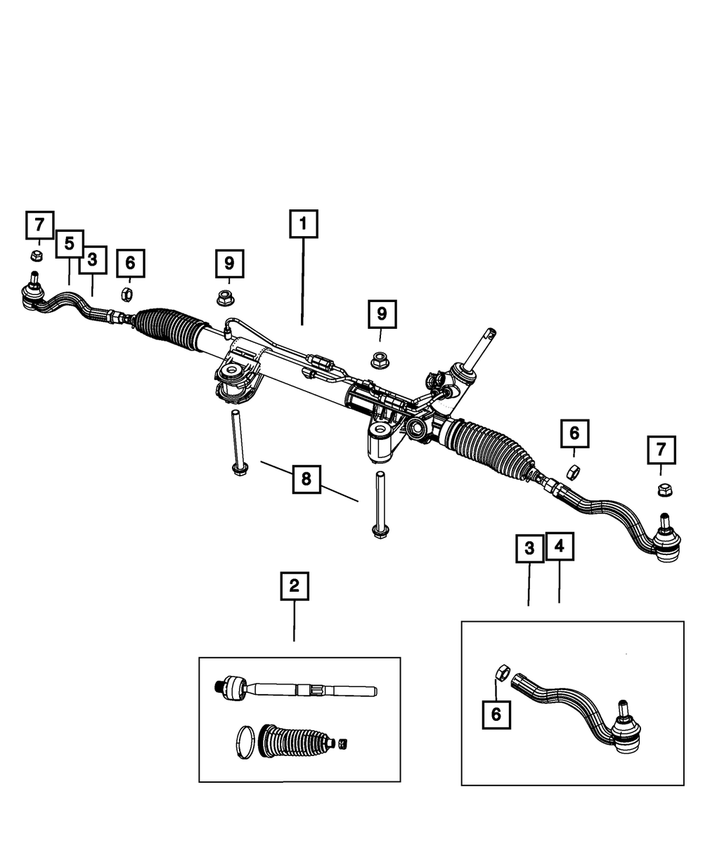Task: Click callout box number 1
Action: [x=303, y=225]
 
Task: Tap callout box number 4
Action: [x=560, y=547]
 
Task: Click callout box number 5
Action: [x=69, y=243]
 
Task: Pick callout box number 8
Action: [x=306, y=479]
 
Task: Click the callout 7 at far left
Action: [x=39, y=225]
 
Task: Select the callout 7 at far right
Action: [x=661, y=450]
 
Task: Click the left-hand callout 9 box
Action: [x=229, y=263]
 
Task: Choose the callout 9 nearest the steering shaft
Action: [x=382, y=313]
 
